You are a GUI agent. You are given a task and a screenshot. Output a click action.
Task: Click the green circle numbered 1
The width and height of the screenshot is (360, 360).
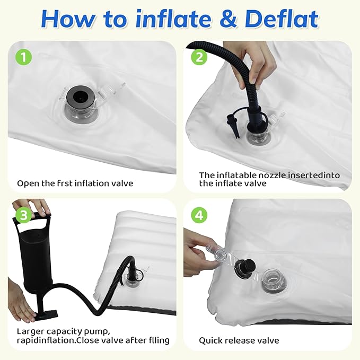coord(24,57)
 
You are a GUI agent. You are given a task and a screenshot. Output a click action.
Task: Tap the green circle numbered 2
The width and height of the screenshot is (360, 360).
coord(199,57)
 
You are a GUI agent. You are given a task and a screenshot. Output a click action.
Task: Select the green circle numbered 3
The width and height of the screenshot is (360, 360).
coord(24,215)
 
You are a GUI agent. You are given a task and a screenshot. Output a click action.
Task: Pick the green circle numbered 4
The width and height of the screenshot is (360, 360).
coord(199,215)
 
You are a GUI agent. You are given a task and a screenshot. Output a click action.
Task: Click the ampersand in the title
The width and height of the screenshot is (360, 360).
coord(228,19)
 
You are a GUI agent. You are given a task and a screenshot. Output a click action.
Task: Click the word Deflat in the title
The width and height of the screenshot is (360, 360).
coord(282,19)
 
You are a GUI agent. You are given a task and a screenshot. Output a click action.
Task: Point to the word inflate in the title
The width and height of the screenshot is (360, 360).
coord(173,19)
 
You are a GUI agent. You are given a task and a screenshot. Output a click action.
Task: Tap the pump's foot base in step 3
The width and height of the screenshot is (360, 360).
coord(46,314)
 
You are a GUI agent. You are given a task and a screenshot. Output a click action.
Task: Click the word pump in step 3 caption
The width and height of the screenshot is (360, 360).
coord(96,332)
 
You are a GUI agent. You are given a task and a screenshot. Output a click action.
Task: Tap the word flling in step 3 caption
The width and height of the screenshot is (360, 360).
coord(159,340)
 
